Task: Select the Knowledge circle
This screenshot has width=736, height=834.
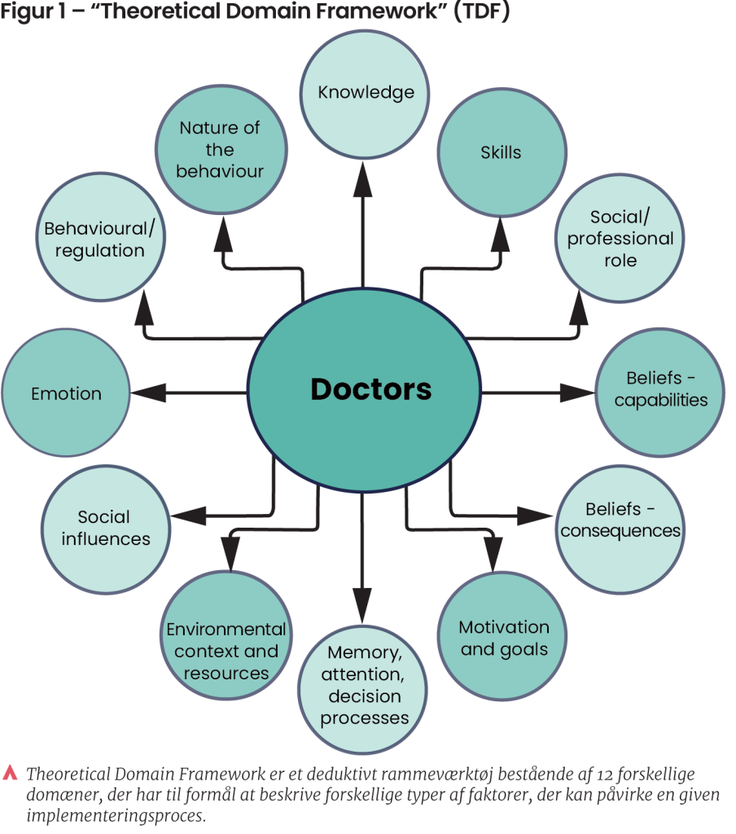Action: click(366, 92)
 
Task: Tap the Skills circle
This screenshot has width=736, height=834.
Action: click(502, 152)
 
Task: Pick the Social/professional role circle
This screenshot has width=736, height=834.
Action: click(620, 239)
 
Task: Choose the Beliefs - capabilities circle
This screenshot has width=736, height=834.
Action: click(660, 390)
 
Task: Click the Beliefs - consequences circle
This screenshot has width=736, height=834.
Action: click(620, 520)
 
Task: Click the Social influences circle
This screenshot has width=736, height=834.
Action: click(106, 528)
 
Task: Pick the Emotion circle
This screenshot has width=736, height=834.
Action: click(66, 394)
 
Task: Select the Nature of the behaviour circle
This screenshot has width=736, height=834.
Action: click(220, 150)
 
